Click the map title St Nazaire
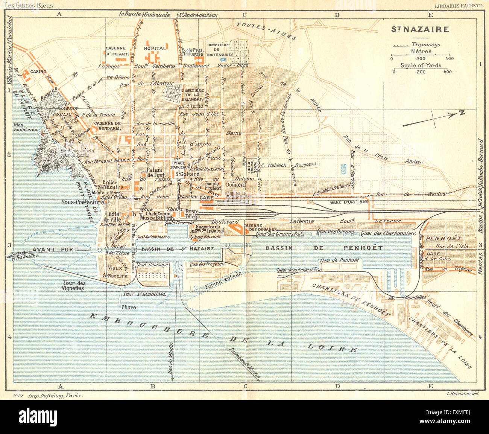tap(420, 29)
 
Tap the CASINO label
tap(38, 72)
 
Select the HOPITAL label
tap(155, 48)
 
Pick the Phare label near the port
tap(128, 307)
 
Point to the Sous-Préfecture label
tap(83, 202)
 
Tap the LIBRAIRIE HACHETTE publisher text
tap(459, 6)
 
